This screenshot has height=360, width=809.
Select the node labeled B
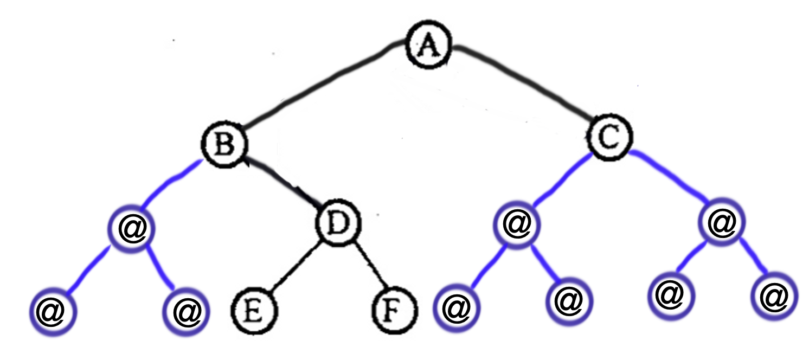223,145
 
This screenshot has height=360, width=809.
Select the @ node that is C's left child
515,224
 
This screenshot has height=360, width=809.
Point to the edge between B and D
282,185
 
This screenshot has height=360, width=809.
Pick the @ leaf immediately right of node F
457,307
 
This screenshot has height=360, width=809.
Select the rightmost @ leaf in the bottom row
774,296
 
